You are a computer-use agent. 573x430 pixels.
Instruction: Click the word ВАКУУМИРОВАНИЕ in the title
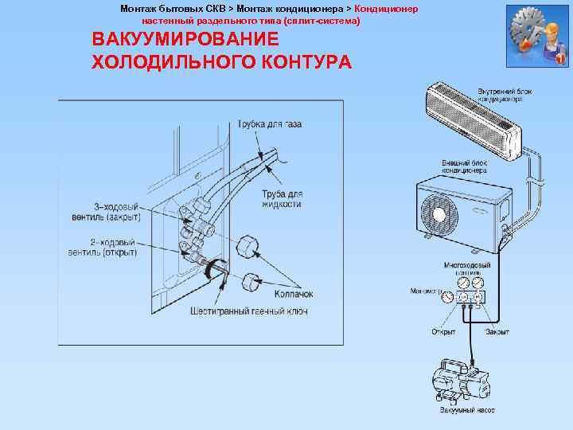pyautogui.click(x=185, y=40)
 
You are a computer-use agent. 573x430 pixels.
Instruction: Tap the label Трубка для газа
pyautogui.click(x=269, y=124)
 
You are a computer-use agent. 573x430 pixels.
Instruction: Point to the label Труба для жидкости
pyautogui.click(x=282, y=199)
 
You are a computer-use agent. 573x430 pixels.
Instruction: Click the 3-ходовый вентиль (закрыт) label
pyautogui.click(x=115, y=211)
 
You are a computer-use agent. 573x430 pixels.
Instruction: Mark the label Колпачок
pyautogui.click(x=294, y=294)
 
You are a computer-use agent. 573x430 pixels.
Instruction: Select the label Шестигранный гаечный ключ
pyautogui.click(x=249, y=311)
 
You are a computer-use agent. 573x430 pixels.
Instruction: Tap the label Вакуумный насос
pyautogui.click(x=467, y=410)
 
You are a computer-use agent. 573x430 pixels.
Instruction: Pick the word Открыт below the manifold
pyautogui.click(x=442, y=331)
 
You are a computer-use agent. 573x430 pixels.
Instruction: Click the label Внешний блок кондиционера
pyautogui.click(x=465, y=166)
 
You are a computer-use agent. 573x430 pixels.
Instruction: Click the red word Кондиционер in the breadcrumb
pyautogui.click(x=386, y=8)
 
